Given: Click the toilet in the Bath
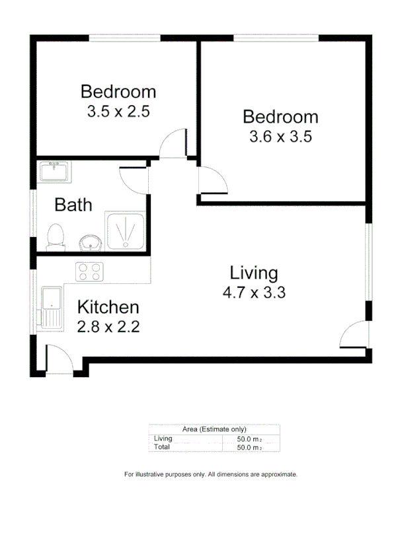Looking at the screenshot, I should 56,236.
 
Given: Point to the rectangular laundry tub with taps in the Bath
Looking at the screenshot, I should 54,172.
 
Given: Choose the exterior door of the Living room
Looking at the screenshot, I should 354,335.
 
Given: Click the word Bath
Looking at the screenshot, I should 73,205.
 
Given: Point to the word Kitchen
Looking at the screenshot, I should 108,307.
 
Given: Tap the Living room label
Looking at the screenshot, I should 254,272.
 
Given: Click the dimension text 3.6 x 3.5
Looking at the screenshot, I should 280,137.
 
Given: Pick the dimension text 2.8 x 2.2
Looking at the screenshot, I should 108,326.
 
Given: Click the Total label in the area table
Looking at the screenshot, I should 161,447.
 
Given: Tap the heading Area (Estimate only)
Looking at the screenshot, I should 214,429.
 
